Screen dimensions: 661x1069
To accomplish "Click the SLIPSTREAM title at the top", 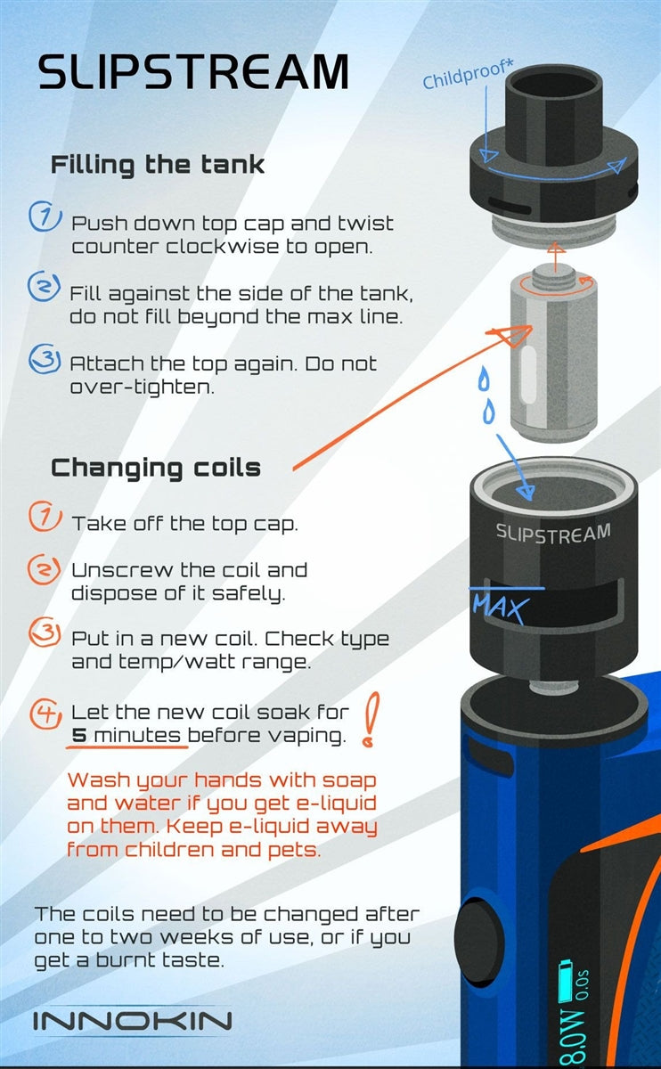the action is [193, 71].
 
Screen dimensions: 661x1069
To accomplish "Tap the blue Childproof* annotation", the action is [468, 75].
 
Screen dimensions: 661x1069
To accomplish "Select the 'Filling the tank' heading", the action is [158, 165].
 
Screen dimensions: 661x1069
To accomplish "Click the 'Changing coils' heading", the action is [156, 469].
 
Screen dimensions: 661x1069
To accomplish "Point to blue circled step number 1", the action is [45, 216].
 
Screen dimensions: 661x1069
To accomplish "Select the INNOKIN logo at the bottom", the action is [132, 1021].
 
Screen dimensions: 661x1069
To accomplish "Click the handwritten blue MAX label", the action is [501, 608].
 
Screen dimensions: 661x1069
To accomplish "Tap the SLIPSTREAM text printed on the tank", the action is [553, 534].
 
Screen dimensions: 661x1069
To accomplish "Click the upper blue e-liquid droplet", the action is [484, 378].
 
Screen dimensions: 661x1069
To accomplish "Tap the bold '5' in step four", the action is [79, 735].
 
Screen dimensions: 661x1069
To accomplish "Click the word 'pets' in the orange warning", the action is [294, 851].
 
